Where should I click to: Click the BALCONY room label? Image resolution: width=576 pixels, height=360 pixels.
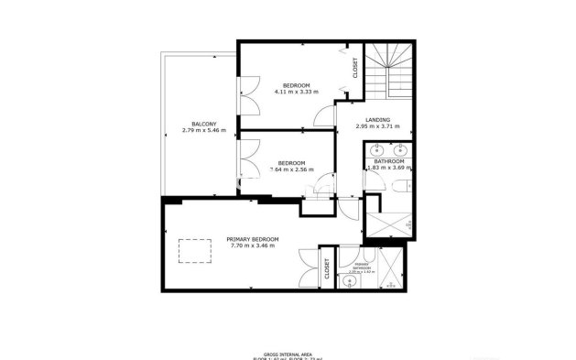coord(204,124)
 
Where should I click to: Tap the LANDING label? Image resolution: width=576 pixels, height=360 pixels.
coord(377,120)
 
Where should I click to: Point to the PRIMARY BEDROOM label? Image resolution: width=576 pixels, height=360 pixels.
coord(253,239)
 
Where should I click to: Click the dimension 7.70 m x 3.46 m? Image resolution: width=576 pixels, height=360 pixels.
coord(254,245)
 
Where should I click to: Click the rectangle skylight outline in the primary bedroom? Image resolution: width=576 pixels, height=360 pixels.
coord(190,249)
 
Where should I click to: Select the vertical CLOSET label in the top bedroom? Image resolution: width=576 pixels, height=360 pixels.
coord(355,68)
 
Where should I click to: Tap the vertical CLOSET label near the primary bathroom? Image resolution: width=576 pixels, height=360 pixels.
coord(327,268)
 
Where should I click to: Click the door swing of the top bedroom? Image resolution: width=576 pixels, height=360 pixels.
coord(323,115)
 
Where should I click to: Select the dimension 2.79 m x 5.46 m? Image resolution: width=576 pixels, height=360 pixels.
coord(204,130)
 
